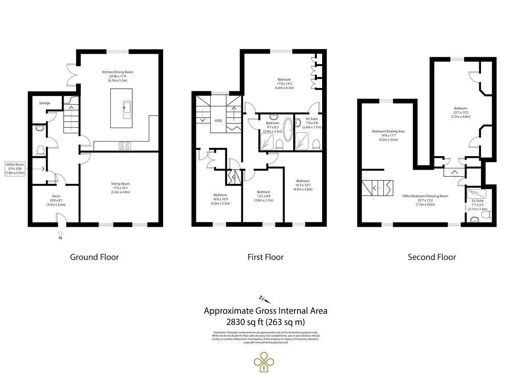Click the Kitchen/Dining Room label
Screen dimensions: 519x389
[x=117, y=72]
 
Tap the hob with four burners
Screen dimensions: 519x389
[x=125, y=145]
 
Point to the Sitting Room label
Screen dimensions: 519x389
[x=120, y=183]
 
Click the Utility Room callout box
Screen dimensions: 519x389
[x=15, y=169]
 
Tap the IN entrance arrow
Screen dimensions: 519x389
[x=60, y=235]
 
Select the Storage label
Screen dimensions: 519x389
[x=45, y=103]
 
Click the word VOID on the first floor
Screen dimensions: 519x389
[x=218, y=121]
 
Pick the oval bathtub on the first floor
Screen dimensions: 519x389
[x=288, y=129]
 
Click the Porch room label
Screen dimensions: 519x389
[x=56, y=196]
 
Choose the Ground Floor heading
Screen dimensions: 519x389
[x=94, y=257]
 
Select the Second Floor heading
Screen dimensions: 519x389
[x=432, y=257]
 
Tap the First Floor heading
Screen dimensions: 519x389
[x=266, y=257]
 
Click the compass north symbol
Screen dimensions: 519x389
[x=264, y=299]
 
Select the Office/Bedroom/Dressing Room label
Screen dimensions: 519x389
[x=425, y=196]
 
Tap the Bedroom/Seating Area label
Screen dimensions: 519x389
[x=388, y=131]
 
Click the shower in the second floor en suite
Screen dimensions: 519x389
[x=477, y=194]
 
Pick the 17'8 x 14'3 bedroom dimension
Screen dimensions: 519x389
[x=284, y=84]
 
